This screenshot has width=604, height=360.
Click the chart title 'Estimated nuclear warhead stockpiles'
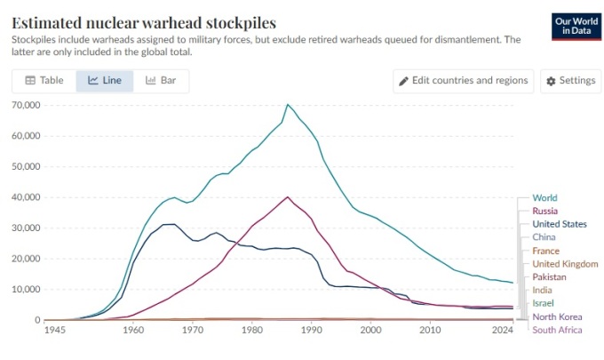tap(143, 22)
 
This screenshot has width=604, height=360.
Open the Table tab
tap(44, 81)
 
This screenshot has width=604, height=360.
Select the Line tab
tap(105, 81)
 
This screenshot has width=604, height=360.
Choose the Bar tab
tap(161, 81)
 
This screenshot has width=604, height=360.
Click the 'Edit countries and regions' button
tap(464, 81)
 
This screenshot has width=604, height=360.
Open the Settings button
tap(570, 81)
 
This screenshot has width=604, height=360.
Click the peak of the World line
tap(287, 105)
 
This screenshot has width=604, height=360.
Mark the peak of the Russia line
tap(288, 196)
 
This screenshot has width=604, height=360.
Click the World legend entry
tap(544, 197)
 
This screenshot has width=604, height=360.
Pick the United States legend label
tap(559, 224)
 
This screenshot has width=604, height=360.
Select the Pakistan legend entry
tap(551, 277)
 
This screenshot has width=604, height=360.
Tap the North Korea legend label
tap(557, 317)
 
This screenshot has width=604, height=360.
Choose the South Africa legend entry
tap(558, 331)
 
